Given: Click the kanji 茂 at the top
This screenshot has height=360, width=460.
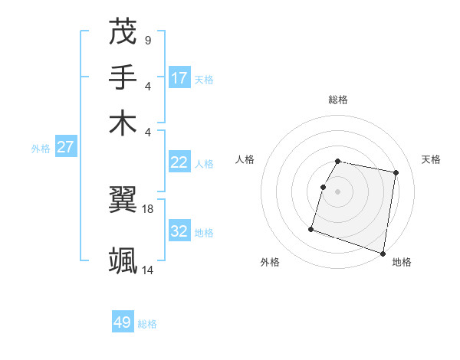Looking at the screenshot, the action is pos(123,32).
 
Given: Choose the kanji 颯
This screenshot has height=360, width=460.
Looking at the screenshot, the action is pos(123,260).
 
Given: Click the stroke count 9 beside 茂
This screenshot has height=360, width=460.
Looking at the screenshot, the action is pos(147,41).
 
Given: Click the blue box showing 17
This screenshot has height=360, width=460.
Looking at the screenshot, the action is pos(179,77).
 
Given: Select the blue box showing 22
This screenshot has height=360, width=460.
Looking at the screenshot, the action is pos(179,162).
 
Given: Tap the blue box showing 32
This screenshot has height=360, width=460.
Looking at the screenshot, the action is pos(179,231).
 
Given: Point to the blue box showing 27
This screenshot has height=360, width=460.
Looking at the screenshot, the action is pos(65,147).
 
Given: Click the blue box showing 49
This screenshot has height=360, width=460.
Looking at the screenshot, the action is pos(123,322).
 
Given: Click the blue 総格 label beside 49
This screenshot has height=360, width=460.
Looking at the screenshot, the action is pos(148,324).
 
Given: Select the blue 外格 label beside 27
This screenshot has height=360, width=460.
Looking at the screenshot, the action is pos(41,149).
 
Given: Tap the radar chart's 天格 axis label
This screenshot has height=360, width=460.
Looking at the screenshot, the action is pos(431,159).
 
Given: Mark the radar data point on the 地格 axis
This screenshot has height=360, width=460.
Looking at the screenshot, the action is pos(383,253).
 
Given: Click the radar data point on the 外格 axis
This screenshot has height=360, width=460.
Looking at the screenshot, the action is pos(311,228).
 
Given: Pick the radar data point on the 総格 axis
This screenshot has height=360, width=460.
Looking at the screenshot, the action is pos(338,161).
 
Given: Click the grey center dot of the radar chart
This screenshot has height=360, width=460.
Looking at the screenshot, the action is pos(338,191).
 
